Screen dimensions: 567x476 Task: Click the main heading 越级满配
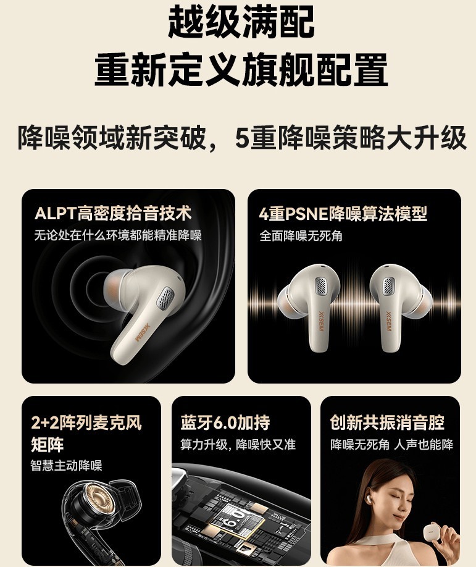point(241,23)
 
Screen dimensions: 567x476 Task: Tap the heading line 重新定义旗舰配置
point(241,70)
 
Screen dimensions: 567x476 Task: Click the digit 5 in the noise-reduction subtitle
point(242,138)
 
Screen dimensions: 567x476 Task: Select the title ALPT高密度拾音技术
point(113,214)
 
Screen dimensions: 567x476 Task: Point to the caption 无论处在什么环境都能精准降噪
point(118,235)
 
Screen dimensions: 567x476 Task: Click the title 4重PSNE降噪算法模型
point(343,214)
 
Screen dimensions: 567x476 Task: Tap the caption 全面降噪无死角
point(301,236)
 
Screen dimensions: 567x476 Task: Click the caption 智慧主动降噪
point(67,466)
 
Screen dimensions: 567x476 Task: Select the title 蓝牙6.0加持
point(225,423)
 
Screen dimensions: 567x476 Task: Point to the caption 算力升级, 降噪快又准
point(238,445)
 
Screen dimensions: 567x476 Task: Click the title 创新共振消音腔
point(387,423)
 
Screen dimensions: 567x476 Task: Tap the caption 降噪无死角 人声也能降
point(391,445)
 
